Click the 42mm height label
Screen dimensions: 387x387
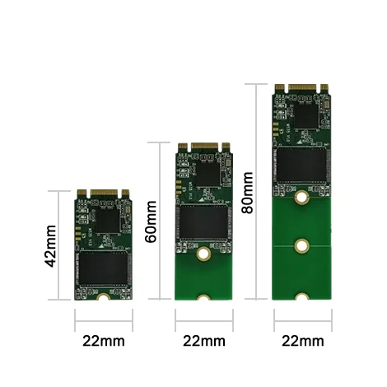pyautogui.click(x=51, y=245)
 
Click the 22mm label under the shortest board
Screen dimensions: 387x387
pyautogui.click(x=103, y=341)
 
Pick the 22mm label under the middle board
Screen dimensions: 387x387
pyautogui.click(x=203, y=341)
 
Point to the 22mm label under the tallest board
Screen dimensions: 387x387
pyautogui.click(x=302, y=341)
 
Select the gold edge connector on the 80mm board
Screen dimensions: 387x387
pyautogui.click(x=302, y=86)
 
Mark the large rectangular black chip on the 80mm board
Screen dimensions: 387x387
pyautogui.click(x=302, y=163)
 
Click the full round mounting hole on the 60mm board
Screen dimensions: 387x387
pyautogui.click(x=203, y=255)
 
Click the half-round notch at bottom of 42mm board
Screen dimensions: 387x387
pyautogui.click(x=104, y=299)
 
